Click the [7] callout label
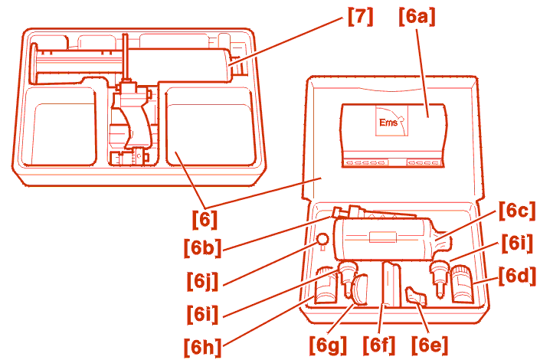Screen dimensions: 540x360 coord(360,16)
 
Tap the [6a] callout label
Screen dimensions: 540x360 coord(417,16)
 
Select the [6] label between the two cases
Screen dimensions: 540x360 coord(205,219)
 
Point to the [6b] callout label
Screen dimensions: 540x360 coord(203,247)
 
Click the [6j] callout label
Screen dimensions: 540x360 coord(203,281)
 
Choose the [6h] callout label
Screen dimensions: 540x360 coord(203,347)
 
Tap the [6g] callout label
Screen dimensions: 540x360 coord(328,344)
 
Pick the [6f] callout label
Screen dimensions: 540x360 coord(379,344)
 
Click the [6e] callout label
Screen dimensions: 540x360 coord(430,344)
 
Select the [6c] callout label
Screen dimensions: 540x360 coord(518,210)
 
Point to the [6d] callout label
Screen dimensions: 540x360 coord(518,276)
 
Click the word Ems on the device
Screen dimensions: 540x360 coord(388,123)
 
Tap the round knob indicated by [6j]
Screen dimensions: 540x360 coord(322,240)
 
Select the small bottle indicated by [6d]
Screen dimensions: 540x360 coord(461,283)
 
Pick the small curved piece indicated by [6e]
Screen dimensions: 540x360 coord(416,296)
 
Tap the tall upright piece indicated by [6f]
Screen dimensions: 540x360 coord(392,285)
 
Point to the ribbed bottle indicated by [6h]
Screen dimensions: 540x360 coord(326,285)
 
